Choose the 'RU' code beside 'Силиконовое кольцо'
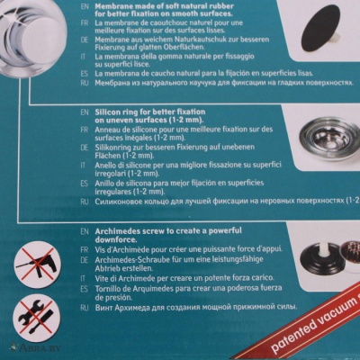click(82, 203)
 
